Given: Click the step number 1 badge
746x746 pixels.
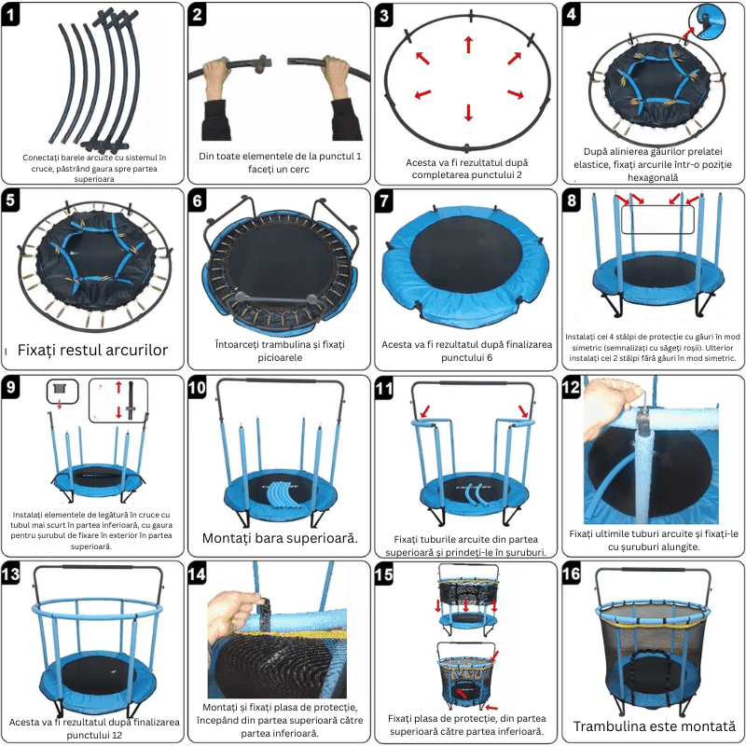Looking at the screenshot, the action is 10,15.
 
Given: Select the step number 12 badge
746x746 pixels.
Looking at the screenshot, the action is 572,388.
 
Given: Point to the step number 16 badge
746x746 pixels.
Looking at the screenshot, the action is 572,573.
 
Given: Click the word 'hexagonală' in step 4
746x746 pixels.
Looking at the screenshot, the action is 652,177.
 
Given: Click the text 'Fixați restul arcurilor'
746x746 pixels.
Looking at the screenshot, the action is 92,351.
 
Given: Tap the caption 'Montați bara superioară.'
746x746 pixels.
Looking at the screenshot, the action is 280,538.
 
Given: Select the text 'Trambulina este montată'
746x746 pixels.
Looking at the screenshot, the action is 655,726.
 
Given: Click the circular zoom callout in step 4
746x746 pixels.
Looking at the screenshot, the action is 707,21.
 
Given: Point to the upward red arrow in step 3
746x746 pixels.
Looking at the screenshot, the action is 469,44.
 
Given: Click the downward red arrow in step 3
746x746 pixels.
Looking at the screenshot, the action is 469,113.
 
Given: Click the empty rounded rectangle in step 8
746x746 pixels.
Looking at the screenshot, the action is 657,219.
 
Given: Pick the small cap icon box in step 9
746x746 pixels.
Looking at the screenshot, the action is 62,392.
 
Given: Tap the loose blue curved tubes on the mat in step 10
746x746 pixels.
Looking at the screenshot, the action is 281,496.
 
